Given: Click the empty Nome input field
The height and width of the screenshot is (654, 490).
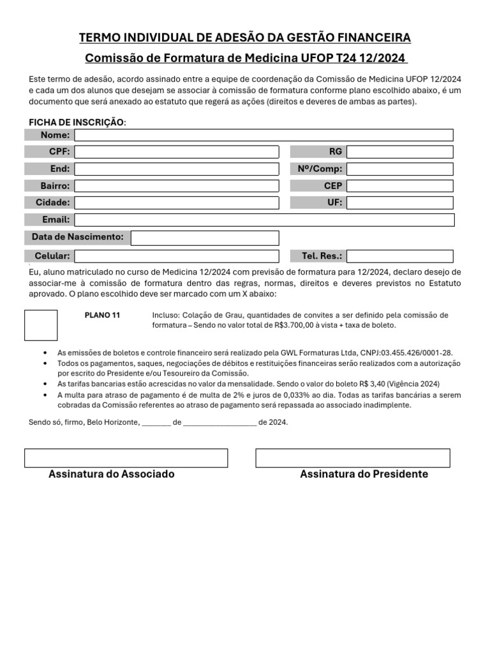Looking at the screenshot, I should (x=264, y=135).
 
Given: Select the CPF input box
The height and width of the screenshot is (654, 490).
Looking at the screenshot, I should (x=177, y=152).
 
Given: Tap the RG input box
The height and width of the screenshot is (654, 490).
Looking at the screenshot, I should (x=399, y=152).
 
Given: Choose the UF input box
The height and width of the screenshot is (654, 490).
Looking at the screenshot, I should (x=399, y=203).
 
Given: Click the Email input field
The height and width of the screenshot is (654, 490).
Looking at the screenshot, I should (x=264, y=220).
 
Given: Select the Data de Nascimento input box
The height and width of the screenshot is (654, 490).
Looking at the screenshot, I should (x=205, y=238).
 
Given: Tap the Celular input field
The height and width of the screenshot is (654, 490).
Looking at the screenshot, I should (x=177, y=256).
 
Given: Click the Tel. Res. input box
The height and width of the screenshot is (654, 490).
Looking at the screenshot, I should (x=399, y=256).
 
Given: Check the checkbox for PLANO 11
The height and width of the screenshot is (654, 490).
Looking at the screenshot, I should (x=41, y=325).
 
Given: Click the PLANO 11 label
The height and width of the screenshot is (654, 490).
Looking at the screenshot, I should (x=102, y=316).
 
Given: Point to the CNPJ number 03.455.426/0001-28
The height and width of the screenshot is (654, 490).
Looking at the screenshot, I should (x=420, y=353).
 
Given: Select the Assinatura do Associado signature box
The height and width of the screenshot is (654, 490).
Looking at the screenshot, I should (x=126, y=458).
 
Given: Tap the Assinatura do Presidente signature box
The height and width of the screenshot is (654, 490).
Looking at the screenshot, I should (x=353, y=458).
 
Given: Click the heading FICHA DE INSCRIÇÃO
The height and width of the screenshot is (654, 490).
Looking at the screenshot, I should (x=77, y=122).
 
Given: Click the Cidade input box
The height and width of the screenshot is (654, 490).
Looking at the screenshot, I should (x=177, y=203).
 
